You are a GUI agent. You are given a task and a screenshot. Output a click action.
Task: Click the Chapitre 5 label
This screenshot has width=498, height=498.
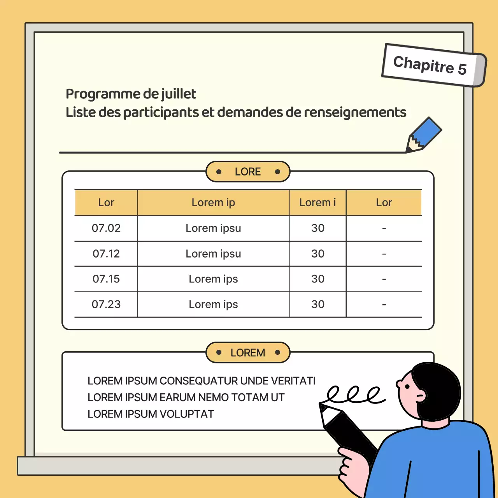(434, 65)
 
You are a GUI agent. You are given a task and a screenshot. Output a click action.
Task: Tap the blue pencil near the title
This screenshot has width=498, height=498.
(424, 135)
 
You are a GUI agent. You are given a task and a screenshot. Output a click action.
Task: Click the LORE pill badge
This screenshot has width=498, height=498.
(248, 172)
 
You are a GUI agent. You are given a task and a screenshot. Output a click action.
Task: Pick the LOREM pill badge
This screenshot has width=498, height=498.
(248, 352)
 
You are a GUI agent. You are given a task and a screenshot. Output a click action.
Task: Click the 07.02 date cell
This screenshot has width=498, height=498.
(106, 228)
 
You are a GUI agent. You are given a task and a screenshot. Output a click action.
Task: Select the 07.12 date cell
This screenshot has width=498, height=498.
(106, 254)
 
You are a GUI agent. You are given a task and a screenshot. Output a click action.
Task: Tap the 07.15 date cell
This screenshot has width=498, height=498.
(106, 279)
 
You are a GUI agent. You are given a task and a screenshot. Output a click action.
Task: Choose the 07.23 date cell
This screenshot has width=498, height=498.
(106, 304)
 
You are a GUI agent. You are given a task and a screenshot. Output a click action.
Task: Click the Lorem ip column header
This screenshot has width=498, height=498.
(213, 203)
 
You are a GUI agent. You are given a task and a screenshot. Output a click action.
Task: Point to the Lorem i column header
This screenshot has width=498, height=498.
(317, 203)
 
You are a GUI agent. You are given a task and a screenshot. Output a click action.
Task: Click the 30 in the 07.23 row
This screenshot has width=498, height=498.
(317, 304)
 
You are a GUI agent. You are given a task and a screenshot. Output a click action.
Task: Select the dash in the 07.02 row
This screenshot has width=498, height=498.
(384, 228)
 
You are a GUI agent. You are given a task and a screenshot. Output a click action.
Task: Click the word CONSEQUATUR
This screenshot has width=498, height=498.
(198, 381)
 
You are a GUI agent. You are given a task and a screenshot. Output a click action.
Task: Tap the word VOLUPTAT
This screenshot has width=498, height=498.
(187, 414)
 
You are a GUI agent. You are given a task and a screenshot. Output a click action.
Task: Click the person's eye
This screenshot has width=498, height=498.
(407, 387)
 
